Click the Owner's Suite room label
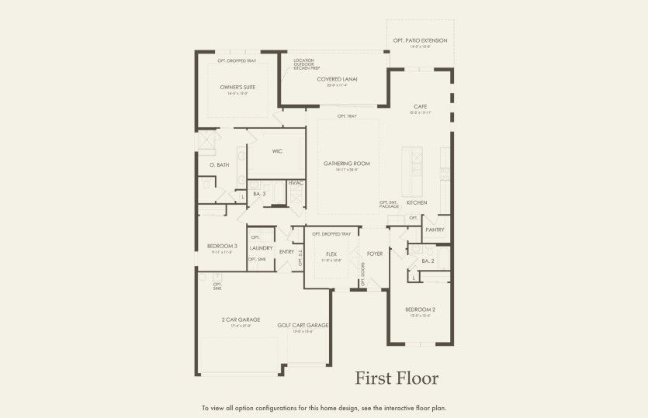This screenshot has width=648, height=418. (x=237, y=88)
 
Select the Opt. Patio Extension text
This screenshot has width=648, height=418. (x=420, y=40)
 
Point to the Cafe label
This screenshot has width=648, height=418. (x=420, y=106)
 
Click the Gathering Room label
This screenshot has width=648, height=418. (x=346, y=164)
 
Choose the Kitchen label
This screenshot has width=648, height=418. (x=417, y=202)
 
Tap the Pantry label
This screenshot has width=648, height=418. (x=435, y=230)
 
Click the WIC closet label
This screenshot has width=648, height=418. (x=277, y=152)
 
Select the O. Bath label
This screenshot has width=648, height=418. (x=219, y=164)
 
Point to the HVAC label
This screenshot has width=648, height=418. (x=295, y=183)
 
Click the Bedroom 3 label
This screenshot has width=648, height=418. (x=222, y=246)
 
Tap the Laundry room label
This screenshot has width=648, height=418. (x=262, y=248)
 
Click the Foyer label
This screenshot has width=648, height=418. (x=375, y=254)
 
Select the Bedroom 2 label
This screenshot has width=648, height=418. (x=420, y=309)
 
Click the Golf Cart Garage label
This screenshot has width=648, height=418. (x=303, y=325)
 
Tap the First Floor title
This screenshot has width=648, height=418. (x=397, y=378)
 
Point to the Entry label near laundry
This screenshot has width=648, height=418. (x=286, y=251)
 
